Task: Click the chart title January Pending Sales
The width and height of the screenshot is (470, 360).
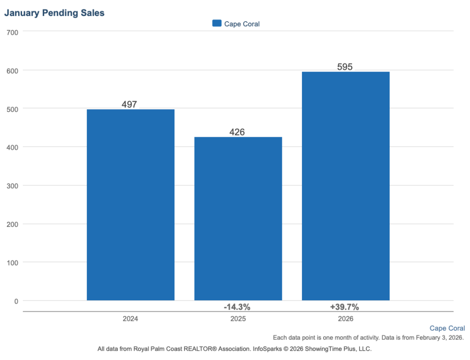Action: tap(54, 13)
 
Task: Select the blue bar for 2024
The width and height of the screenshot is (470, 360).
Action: tap(130, 205)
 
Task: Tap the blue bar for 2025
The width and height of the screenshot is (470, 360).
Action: tap(238, 219)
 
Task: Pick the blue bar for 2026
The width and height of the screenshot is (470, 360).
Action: tap(345, 186)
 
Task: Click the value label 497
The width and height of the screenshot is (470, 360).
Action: tap(129, 104)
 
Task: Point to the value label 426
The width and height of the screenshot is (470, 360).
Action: tap(237, 132)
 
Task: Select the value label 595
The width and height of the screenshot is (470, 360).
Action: tap(345, 67)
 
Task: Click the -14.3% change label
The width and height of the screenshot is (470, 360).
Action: tap(237, 307)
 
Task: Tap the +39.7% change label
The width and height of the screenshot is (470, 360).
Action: tap(344, 307)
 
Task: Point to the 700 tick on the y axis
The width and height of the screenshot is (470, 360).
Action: tap(12, 32)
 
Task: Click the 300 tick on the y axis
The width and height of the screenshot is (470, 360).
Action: tap(12, 186)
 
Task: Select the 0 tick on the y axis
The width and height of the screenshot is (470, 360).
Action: tap(16, 301)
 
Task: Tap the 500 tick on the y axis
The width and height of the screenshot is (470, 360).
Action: tap(12, 109)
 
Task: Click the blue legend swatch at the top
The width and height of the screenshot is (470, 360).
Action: tap(217, 23)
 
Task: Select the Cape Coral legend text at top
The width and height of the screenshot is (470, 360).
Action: tap(242, 24)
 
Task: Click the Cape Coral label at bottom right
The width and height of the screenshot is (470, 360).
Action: tap(447, 328)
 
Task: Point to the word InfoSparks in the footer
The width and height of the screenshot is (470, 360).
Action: tap(268, 349)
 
